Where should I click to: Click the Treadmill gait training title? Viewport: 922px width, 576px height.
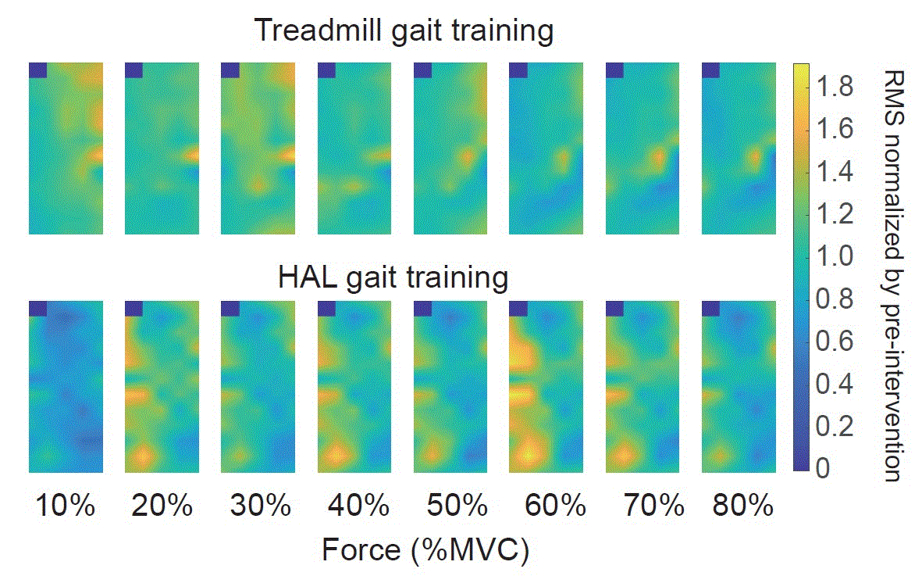point(404,31)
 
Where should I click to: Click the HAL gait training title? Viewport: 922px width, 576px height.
point(393,277)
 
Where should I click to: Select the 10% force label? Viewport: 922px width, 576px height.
point(65,506)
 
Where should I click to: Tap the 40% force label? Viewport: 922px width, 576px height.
point(357,506)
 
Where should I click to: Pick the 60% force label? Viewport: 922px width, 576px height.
point(549,506)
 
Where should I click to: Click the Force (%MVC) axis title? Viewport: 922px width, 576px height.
point(425,550)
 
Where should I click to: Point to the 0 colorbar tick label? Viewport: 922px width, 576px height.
point(824,468)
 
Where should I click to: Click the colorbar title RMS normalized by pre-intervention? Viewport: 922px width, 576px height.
point(892,274)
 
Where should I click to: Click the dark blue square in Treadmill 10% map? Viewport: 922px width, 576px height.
point(38,70)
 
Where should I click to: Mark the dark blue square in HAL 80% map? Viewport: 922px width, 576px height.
point(711,308)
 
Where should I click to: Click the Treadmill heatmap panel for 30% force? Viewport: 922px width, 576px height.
point(258,148)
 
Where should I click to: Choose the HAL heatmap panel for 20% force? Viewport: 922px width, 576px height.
point(162,386)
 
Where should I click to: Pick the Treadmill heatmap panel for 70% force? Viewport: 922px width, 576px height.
point(643,148)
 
